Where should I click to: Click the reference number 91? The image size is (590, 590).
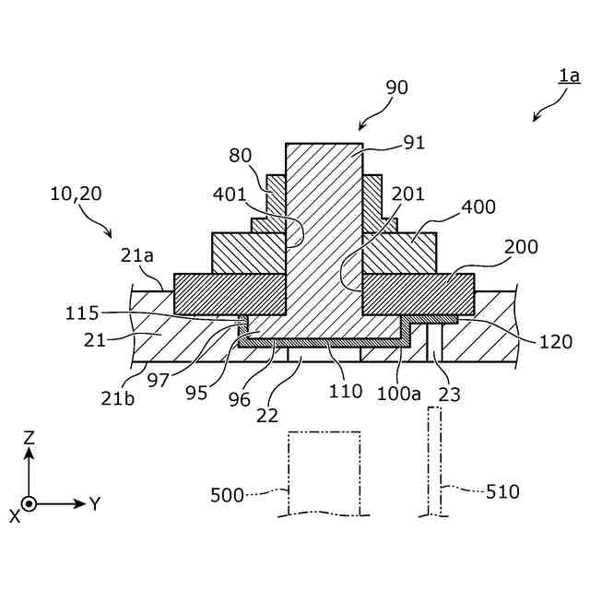click(x=415, y=143)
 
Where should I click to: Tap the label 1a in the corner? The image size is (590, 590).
click(x=568, y=77)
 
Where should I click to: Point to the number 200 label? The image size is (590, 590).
click(x=521, y=247)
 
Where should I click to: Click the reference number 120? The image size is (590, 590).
click(x=554, y=341)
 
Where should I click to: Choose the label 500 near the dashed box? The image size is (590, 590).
click(x=227, y=495)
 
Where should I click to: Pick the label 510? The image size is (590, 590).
click(x=502, y=492)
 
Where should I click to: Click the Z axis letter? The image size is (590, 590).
click(x=29, y=437)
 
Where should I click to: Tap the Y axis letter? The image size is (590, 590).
click(x=94, y=504)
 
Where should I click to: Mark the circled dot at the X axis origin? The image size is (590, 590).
click(x=29, y=504)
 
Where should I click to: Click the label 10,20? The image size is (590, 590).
click(x=77, y=195)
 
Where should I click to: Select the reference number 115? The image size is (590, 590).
click(x=82, y=313)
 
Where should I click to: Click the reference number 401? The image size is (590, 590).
click(x=230, y=195)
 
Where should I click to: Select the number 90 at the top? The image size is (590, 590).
click(x=396, y=88)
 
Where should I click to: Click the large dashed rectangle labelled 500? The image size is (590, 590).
click(x=324, y=473)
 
